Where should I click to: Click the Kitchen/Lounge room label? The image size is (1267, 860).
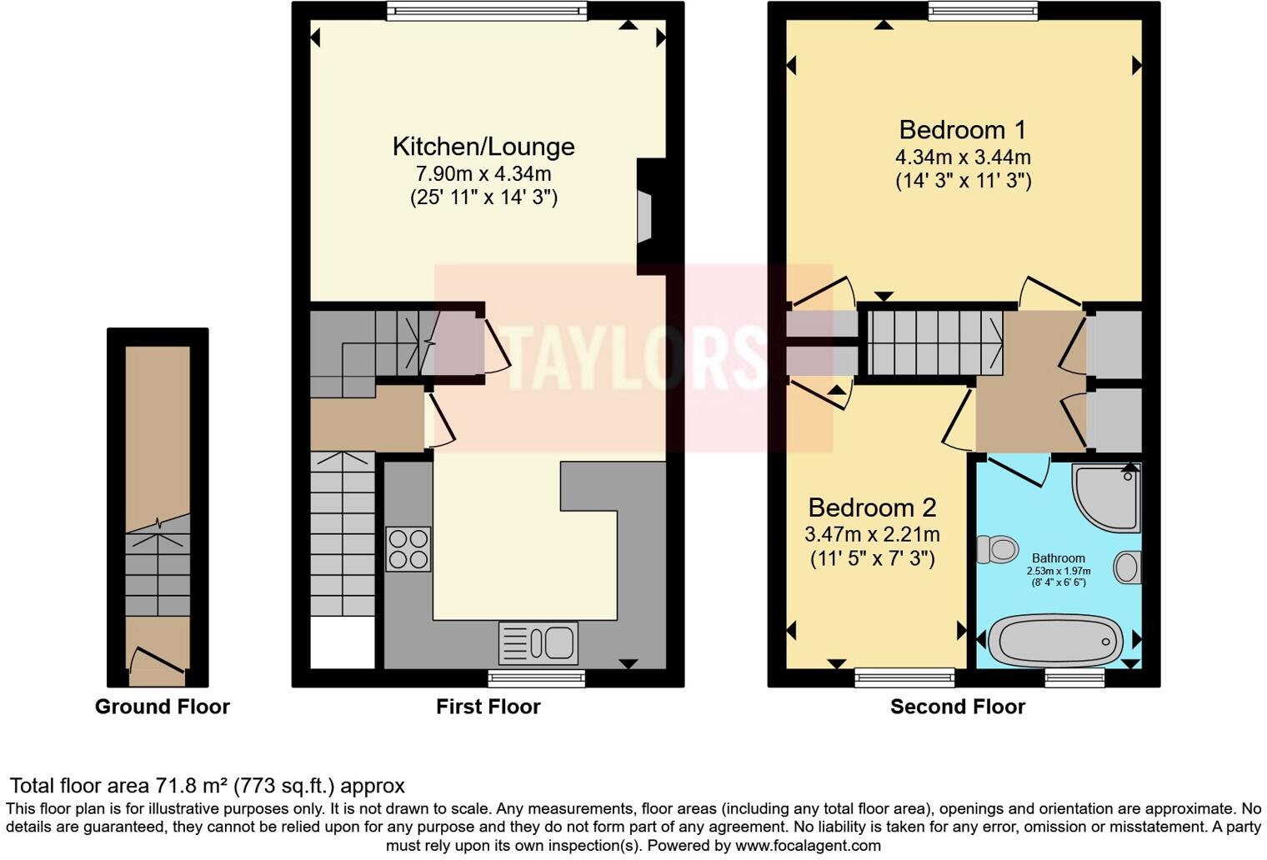pyautogui.click(x=483, y=147)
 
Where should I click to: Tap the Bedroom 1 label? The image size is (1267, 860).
pyautogui.click(x=963, y=130)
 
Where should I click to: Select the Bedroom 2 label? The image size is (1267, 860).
pyautogui.click(x=872, y=507)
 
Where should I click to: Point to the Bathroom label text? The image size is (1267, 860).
pyautogui.click(x=1059, y=558)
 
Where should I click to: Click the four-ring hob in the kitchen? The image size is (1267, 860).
pyautogui.click(x=408, y=549)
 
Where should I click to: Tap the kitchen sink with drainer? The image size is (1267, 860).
pyautogui.click(x=538, y=643)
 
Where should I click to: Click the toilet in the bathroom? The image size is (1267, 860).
pyautogui.click(x=998, y=550)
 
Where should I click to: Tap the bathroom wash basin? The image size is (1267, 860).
pyautogui.click(x=1127, y=568)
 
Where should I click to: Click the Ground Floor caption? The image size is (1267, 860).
pyautogui.click(x=162, y=707)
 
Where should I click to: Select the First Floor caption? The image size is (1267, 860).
pyautogui.click(x=488, y=707)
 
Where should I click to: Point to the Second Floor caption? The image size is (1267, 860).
pyautogui.click(x=957, y=707)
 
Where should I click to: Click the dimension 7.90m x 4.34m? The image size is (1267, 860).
pyautogui.click(x=483, y=174)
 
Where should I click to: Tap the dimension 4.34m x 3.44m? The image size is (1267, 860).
pyautogui.click(x=963, y=157)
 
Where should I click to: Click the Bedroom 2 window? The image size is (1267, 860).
pyautogui.click(x=904, y=677)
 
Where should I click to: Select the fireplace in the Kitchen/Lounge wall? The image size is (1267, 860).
pyautogui.click(x=644, y=217)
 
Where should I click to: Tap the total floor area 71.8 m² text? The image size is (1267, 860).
pyautogui.click(x=207, y=786)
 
